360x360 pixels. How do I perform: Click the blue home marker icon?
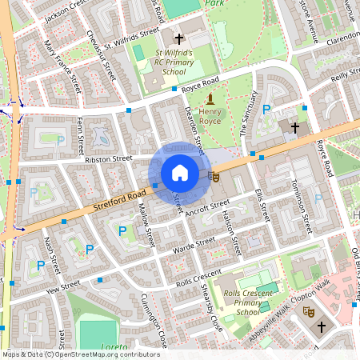point(180,173)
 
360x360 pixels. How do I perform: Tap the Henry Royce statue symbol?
point(210,99)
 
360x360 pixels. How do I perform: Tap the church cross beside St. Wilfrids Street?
point(179,38)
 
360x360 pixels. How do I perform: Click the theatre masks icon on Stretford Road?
point(213,175)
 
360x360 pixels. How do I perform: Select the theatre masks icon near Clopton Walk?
point(303,317)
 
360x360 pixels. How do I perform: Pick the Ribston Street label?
point(109,159)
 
